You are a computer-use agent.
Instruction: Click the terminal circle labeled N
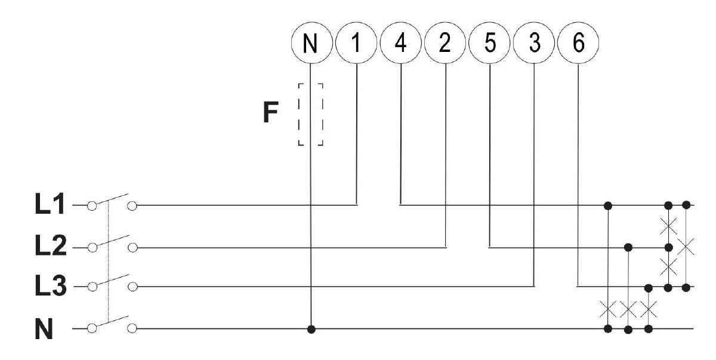[x=310, y=45]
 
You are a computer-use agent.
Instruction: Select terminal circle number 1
[x=356, y=45]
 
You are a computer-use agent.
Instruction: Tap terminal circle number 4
[x=400, y=45]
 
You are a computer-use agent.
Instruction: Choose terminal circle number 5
[x=489, y=45]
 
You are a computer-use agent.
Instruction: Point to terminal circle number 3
[x=533, y=45]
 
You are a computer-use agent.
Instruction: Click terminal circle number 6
[x=578, y=45]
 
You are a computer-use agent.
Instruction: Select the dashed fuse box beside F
[x=310, y=114]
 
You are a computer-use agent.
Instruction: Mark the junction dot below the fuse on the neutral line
[x=310, y=328]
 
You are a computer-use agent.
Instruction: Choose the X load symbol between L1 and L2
[x=669, y=226]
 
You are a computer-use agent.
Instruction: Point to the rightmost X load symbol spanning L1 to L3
[x=686, y=246]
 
